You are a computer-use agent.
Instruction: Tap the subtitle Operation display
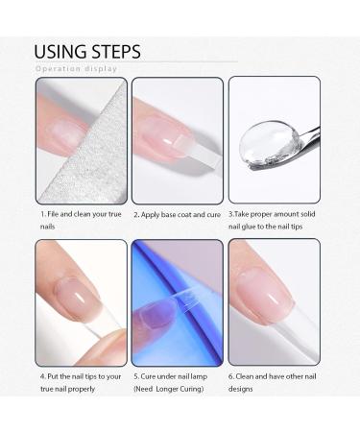(77, 69)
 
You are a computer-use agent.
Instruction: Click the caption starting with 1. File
(80, 219)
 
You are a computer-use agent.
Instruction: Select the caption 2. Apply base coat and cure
(177, 213)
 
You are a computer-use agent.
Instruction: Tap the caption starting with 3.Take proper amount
(274, 219)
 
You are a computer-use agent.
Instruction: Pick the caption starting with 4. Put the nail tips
(81, 382)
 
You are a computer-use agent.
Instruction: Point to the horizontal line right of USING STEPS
(192, 61)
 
